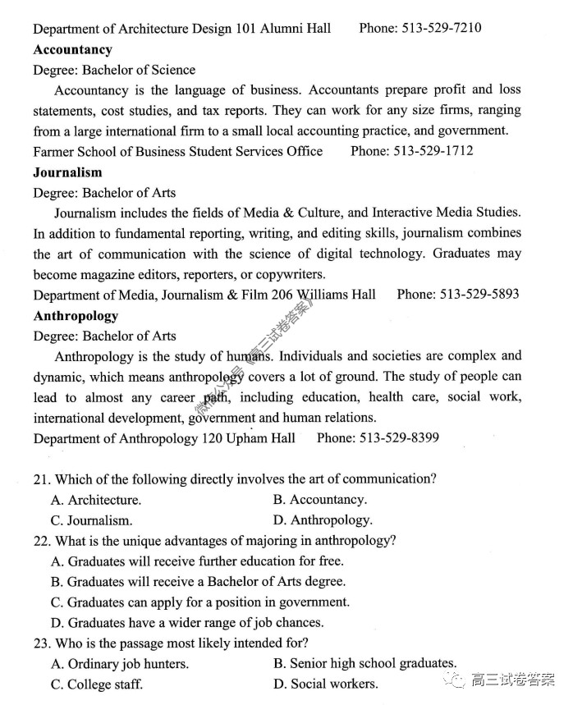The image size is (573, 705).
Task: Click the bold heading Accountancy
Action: point(72,49)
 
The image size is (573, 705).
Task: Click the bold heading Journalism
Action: point(67,172)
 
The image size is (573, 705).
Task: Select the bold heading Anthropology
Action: point(76,315)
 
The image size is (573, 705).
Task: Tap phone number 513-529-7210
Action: point(441,28)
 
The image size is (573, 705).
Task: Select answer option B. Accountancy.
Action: point(320,499)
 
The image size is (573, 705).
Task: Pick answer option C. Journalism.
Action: point(91,520)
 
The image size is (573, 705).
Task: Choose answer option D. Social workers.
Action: point(326,684)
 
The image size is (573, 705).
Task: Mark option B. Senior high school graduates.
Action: point(364,663)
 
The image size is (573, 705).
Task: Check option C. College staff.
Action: point(97,684)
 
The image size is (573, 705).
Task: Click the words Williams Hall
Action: point(336,294)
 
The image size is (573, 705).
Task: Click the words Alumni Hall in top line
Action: point(296,28)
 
